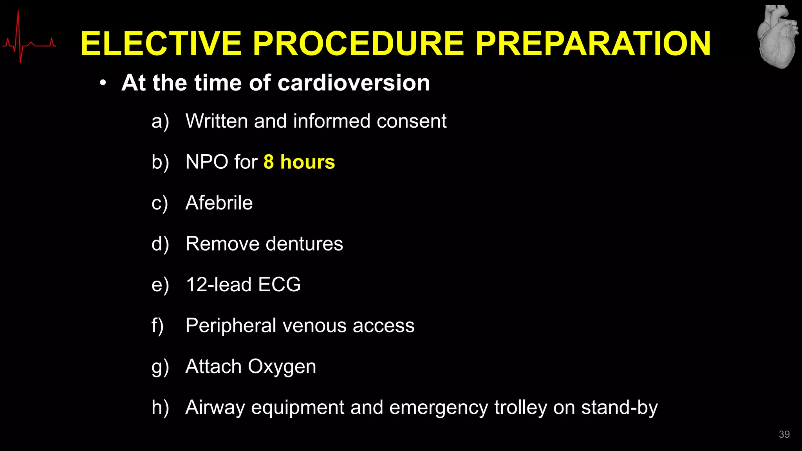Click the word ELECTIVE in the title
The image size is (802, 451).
(161, 44)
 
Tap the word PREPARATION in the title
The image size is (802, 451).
(593, 44)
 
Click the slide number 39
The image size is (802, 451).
(784, 434)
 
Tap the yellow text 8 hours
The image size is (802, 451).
(299, 162)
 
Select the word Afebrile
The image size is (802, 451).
(219, 203)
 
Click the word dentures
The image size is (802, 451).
(304, 244)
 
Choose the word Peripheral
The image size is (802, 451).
(231, 326)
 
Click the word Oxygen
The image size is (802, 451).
(282, 367)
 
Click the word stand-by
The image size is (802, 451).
(619, 408)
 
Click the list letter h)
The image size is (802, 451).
(160, 408)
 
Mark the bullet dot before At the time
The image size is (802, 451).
(103, 83)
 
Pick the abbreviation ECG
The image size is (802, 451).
(279, 285)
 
